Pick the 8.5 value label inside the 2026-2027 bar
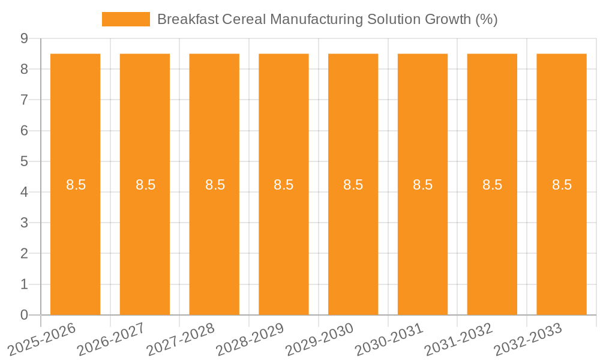[145, 185]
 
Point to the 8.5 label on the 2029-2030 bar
[353, 185]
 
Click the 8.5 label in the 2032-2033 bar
[562, 185]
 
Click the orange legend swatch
[126, 19]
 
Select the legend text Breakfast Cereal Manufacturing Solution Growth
[327, 19]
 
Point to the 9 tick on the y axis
[24, 38]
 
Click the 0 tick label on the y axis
[24, 315]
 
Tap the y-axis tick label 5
[24, 161]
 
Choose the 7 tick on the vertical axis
[24, 100]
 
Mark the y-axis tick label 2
[24, 253]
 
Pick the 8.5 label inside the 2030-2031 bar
[422, 185]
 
